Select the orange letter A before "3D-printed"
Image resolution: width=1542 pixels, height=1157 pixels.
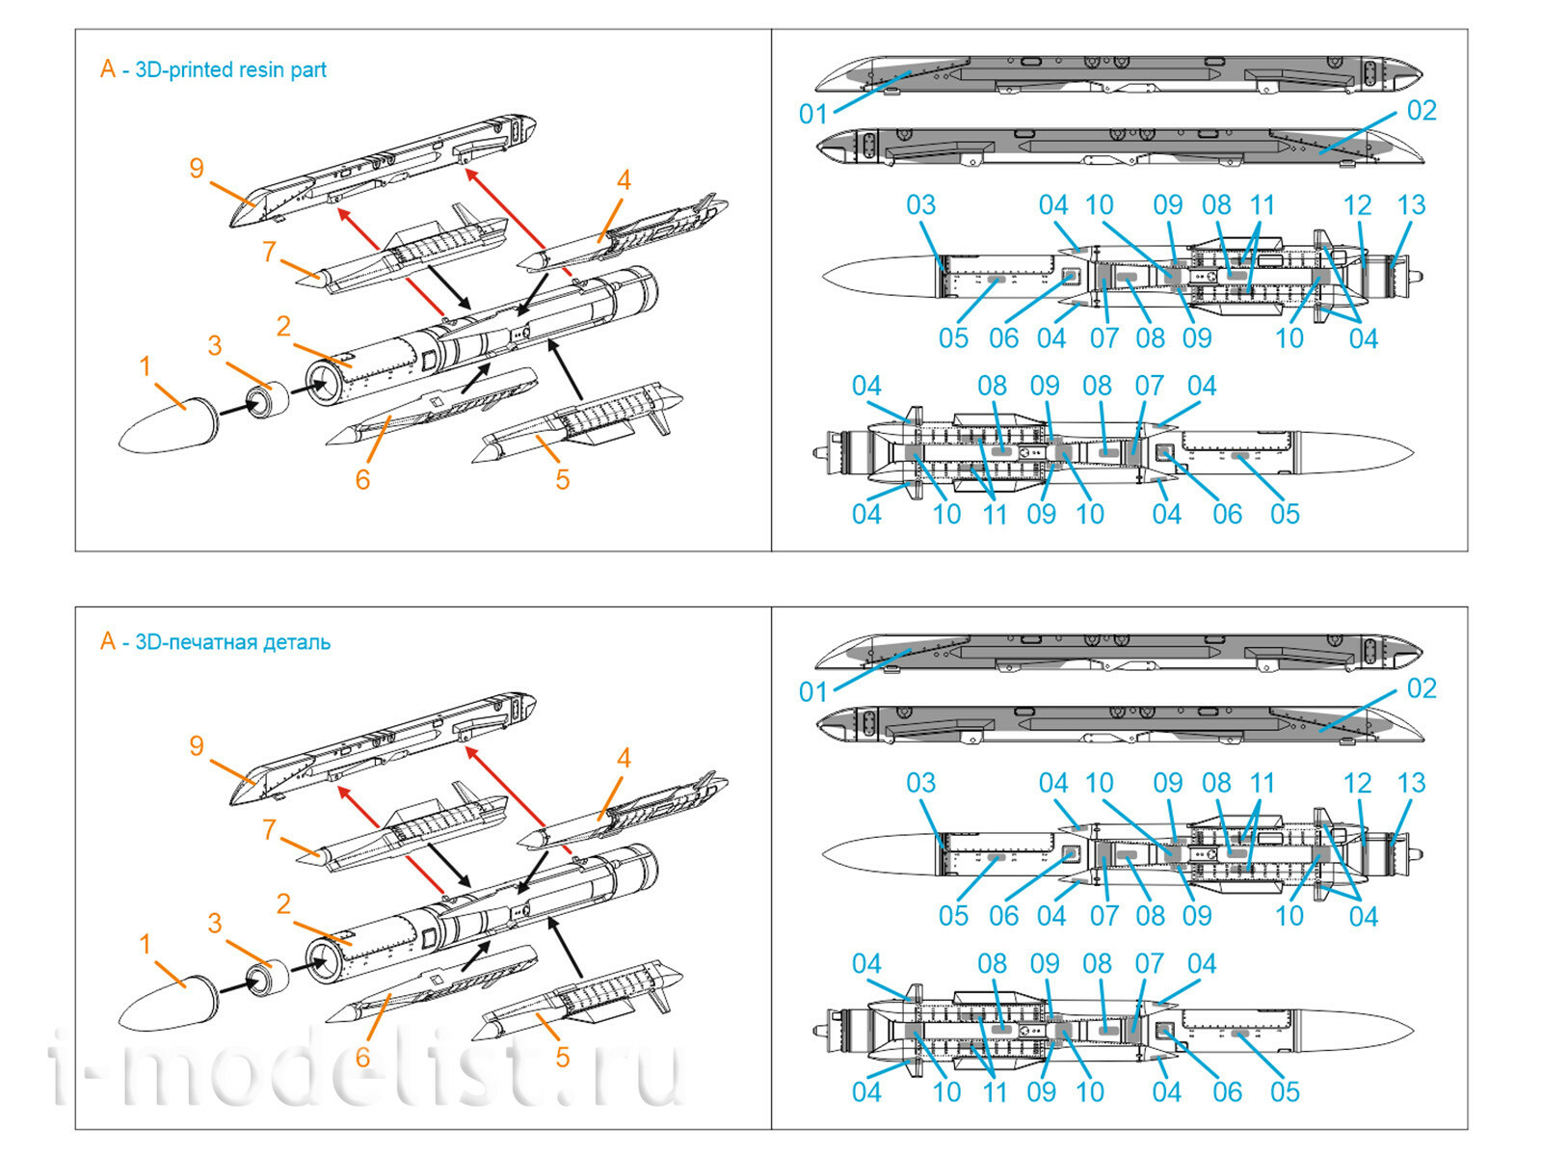tap(107, 69)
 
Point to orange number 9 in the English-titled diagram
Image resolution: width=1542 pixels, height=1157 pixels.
tap(197, 169)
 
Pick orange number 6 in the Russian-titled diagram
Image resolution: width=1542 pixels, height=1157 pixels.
tap(362, 1058)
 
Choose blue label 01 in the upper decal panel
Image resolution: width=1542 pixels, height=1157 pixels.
tap(812, 115)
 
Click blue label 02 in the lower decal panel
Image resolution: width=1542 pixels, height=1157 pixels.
tap(1422, 688)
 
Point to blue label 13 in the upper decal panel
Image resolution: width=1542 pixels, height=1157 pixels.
tap(1411, 205)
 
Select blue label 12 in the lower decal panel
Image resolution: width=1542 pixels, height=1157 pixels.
tap(1357, 783)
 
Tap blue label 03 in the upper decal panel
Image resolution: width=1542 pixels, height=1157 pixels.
tap(920, 205)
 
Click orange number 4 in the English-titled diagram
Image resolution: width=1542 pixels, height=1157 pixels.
tap(624, 180)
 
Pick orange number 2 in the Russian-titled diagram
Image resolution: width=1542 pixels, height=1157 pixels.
tap(283, 904)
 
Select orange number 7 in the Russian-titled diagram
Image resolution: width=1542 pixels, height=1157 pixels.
tap(270, 829)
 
